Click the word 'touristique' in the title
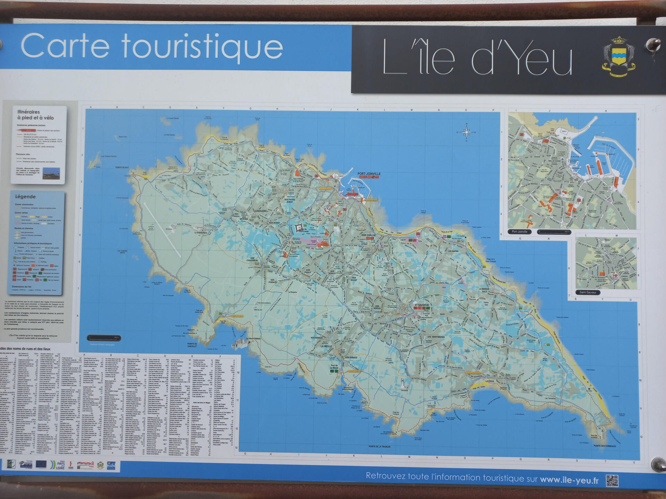coord(202,47)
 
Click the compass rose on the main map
coord(467,132)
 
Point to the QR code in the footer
coord(612,481)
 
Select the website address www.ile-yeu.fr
coord(569,480)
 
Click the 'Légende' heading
coord(25,196)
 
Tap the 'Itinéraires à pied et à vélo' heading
coord(35,115)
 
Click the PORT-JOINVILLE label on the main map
coord(369,174)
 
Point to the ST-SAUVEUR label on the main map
coord(421,305)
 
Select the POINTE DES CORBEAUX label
coord(605,446)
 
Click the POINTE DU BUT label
coord(122,167)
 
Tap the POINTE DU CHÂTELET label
coord(192,345)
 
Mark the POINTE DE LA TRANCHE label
coord(379,447)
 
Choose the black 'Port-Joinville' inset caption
coord(519,231)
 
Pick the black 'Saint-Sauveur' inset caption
coord(588,292)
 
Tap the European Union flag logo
coord(41,464)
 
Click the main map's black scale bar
coord(103,338)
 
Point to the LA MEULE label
coord(326,346)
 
